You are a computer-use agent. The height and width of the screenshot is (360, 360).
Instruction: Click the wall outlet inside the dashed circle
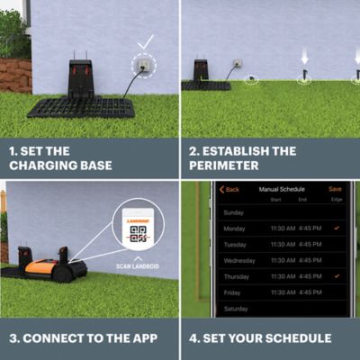pyautogui.click(x=141, y=65)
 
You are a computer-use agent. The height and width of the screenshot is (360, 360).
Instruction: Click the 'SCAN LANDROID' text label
pyautogui.click(x=137, y=266)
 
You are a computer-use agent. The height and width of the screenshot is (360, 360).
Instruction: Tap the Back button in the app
pyautogui.click(x=231, y=189)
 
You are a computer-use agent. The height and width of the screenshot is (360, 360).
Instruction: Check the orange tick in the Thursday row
pyautogui.click(x=337, y=275)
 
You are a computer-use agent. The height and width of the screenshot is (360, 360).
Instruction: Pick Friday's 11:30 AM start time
pyautogui.click(x=283, y=292)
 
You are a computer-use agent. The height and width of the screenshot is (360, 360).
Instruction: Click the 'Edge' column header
pyautogui.click(x=337, y=199)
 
